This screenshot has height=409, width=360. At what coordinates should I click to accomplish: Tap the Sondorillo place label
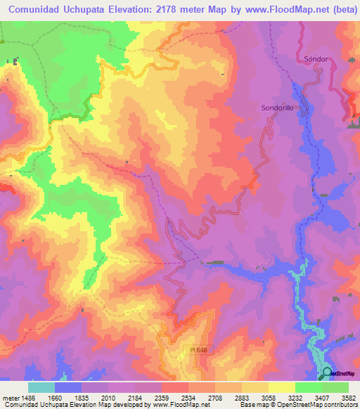[273, 108]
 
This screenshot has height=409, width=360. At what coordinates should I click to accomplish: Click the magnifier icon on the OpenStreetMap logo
[328, 375]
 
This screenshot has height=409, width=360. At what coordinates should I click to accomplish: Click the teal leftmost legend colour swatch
[41, 387]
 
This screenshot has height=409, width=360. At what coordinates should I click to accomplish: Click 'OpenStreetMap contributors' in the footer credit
[321, 405]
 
